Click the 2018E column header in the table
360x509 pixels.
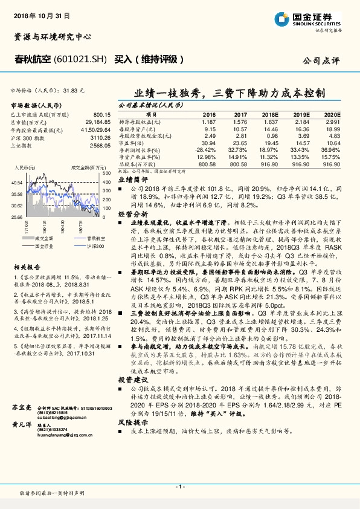(x=271, y=114)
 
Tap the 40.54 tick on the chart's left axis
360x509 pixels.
(x=17, y=181)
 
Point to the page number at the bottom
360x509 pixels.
(x=179, y=486)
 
